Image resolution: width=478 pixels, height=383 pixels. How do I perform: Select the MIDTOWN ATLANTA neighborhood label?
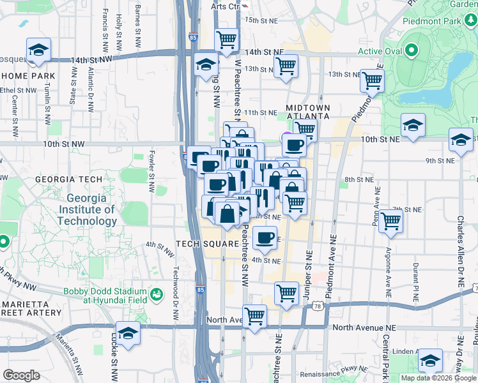click(307, 112)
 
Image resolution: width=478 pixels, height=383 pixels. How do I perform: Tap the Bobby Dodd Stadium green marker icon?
click(156, 295)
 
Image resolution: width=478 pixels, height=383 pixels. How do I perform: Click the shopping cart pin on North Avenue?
click(255, 315)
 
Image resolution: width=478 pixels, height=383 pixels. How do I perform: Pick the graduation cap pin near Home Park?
click(39, 50)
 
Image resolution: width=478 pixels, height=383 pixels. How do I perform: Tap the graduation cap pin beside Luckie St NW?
click(128, 334)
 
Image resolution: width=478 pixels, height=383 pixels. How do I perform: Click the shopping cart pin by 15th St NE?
click(227, 39)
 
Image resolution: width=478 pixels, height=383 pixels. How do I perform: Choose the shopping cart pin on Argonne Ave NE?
click(390, 222)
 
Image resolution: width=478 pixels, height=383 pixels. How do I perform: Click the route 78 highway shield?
click(317, 307)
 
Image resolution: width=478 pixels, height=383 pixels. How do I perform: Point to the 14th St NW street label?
click(91, 59)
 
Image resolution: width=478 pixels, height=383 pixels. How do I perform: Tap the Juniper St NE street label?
click(308, 262)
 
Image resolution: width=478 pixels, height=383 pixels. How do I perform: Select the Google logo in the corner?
click(22, 375)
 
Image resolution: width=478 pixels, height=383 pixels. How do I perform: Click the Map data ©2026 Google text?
click(437, 378)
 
